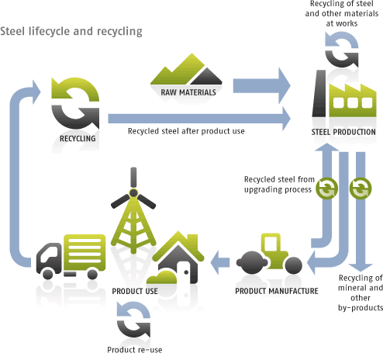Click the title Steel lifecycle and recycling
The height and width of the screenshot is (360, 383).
tap(71, 32)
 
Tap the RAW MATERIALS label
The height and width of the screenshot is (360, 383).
tap(188, 92)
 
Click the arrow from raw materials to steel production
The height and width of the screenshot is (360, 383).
tap(261, 86)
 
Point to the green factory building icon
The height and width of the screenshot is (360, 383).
tap(353, 100)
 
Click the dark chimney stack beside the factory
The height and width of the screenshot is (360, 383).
tap(319, 93)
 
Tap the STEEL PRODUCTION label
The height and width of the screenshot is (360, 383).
tap(343, 132)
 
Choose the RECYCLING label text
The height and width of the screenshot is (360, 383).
tap(78, 139)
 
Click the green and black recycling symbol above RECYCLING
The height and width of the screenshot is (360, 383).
tap(75, 102)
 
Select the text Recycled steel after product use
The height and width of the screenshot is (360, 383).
tap(186, 131)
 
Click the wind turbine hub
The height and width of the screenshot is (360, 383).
tap(133, 193)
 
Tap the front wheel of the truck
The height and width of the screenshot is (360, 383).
tap(47, 274)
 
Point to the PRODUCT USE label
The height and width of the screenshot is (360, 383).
tap(135, 291)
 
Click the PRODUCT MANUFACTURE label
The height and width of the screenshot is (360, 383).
tap(277, 291)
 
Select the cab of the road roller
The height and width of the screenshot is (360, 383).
tap(271, 243)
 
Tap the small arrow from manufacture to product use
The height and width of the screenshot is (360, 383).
tap(220, 262)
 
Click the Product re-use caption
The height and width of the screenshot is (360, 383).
tap(135, 350)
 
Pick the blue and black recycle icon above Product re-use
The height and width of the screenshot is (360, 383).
tap(133, 320)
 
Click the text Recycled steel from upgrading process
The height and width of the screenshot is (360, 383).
tap(279, 185)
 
